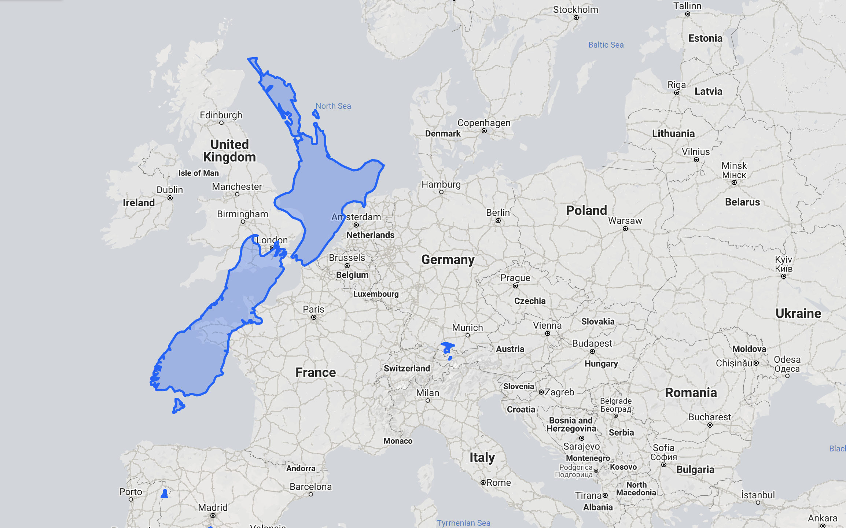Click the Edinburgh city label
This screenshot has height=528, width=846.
[221, 115]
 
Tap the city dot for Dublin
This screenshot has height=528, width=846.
[170, 198]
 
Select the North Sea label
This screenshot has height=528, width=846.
[333, 106]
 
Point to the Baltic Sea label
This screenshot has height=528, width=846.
[606, 45]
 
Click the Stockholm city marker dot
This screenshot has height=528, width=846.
[576, 18]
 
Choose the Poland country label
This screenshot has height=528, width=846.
[586, 210]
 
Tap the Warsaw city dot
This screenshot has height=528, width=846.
[625, 229]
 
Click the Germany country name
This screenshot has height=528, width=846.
[448, 259]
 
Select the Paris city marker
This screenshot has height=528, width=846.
[314, 317]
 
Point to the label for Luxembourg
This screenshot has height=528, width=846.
[376, 294]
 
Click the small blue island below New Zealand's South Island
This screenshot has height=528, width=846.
[179, 406]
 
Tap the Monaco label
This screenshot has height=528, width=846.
[398, 441]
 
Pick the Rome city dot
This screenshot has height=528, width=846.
[483, 483]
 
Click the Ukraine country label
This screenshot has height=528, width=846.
[798, 313]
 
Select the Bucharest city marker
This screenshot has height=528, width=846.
[710, 425]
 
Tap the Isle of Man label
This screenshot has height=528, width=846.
[198, 173]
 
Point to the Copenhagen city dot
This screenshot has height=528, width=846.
[484, 131]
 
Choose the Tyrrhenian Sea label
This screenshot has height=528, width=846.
[463, 523]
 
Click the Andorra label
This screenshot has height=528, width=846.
[301, 468]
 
